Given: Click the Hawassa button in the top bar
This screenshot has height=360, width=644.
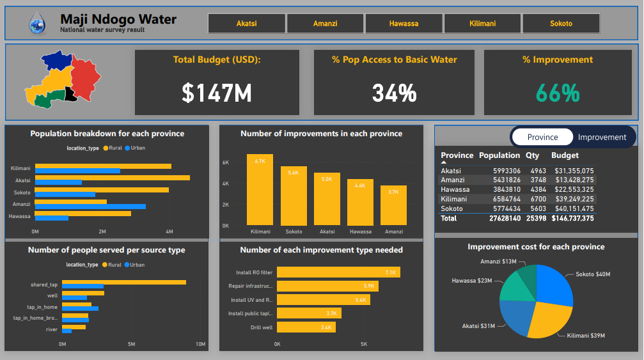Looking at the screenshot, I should coord(404,24).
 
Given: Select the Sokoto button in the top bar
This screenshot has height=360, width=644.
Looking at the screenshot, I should coord(561,24).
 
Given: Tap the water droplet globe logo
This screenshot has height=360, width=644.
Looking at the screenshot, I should coord(38,24).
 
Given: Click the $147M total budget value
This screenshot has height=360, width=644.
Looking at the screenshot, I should coord(217,93).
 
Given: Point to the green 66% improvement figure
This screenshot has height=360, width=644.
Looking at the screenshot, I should coord(557,93).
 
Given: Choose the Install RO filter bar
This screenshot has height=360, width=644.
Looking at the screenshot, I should coord(338,272).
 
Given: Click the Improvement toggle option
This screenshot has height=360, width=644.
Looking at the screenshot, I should coord(602,137).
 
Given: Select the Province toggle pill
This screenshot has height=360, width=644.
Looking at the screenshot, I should coord(542,137).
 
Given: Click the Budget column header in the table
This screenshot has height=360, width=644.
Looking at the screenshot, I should coord(565,155).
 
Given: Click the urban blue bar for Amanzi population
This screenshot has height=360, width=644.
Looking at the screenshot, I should coord(90,207).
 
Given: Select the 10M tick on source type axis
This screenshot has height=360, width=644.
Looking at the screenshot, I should coord(200,345).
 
